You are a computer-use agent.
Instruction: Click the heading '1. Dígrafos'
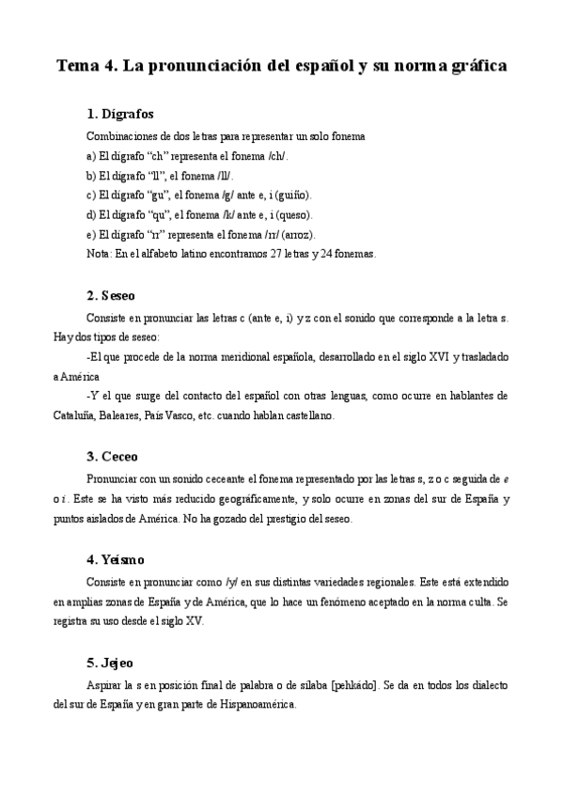click(x=119, y=115)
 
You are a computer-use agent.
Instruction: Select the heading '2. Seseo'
click(x=111, y=295)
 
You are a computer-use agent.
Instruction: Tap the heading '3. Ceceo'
click(x=112, y=457)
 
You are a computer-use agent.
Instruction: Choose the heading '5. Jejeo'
click(x=111, y=662)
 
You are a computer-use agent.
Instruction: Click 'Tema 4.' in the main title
click(x=88, y=67)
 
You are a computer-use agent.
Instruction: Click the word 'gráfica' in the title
click(x=475, y=67)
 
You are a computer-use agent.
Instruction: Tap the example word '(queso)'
click(x=294, y=214)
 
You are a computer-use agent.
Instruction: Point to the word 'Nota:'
click(x=98, y=254)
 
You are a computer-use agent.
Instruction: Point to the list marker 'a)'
click(x=90, y=155)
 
